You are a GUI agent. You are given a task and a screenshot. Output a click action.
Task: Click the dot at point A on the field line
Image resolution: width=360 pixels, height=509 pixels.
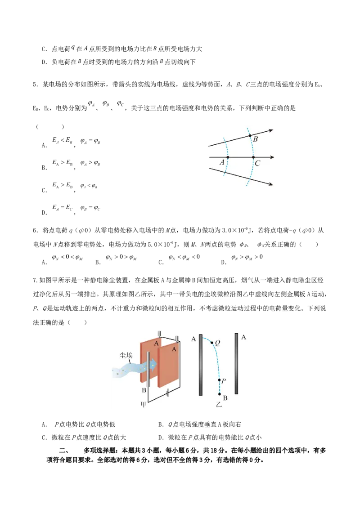pyautogui.click(x=227, y=157)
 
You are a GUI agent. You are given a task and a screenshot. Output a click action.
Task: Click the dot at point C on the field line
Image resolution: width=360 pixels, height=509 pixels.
pyautogui.click(x=253, y=157)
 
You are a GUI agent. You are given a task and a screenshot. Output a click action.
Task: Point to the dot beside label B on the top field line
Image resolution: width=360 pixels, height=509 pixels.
pyautogui.click(x=250, y=135)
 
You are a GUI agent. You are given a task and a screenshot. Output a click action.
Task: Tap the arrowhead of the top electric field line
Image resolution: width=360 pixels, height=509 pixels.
pyautogui.click(x=270, y=130)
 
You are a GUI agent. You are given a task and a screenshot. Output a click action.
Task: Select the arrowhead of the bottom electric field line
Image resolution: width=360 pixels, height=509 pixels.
pyautogui.click(x=270, y=184)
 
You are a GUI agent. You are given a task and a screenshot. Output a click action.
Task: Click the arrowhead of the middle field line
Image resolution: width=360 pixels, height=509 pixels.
pyautogui.click(x=271, y=157)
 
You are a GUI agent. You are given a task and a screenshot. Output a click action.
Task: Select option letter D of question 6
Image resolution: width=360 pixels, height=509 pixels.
pyautogui.click(x=224, y=262)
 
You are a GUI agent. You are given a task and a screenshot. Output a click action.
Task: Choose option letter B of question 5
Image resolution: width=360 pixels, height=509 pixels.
pyautogui.click(x=44, y=168)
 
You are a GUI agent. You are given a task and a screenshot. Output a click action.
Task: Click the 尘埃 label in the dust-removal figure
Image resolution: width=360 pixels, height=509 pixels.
pyautogui.click(x=126, y=356)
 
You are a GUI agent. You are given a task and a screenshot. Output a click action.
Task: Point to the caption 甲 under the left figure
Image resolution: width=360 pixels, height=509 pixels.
pyautogui.click(x=144, y=405)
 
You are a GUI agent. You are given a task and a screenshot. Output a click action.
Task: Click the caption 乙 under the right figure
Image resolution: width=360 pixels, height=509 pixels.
pyautogui.click(x=219, y=405)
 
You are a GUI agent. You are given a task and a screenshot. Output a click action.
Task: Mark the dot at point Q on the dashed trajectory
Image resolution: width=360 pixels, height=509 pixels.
pyautogui.click(x=212, y=343)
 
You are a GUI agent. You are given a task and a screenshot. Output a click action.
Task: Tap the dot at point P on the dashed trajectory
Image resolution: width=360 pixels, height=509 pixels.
pyautogui.click(x=220, y=380)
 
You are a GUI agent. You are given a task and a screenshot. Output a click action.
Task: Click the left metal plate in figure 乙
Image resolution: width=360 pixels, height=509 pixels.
pyautogui.click(x=200, y=365)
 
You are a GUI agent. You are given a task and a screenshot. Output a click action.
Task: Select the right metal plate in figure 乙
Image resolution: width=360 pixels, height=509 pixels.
pyautogui.click(x=236, y=364)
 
